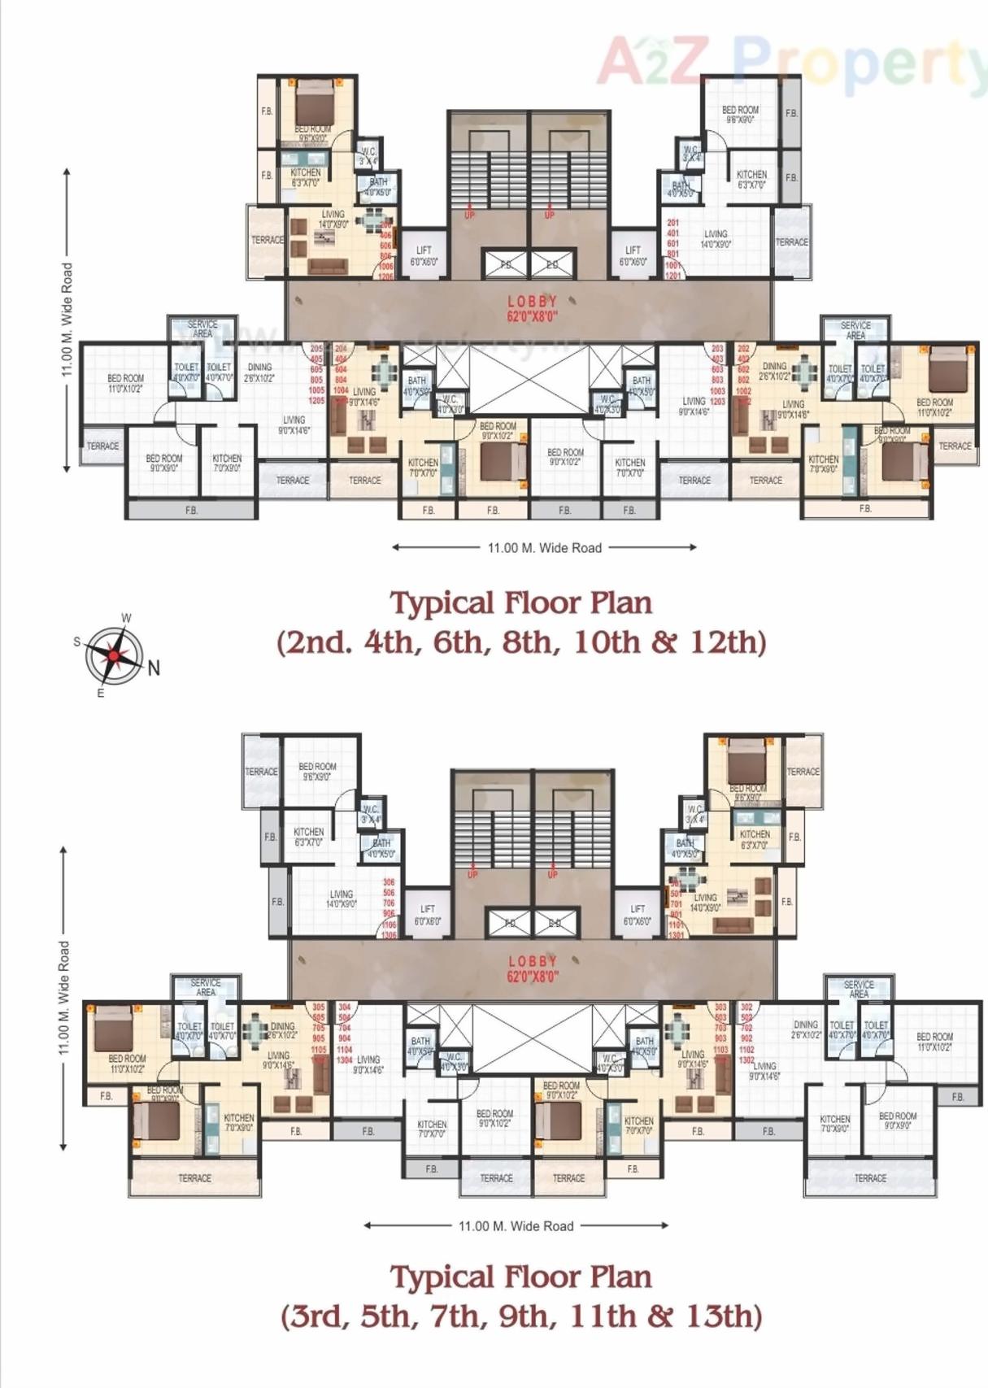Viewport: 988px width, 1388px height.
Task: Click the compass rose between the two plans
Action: tap(115, 655)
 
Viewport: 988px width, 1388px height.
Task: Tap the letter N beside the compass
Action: tap(154, 668)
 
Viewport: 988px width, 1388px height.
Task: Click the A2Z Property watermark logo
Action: tap(789, 60)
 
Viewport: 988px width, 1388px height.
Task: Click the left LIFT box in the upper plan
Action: tap(424, 255)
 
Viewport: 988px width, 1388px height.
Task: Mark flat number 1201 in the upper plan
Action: tap(672, 276)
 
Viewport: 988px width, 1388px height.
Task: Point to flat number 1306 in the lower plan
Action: tap(390, 935)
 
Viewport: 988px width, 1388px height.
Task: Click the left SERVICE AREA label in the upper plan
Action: tap(202, 329)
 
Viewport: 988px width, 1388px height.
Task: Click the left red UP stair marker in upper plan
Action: tap(469, 215)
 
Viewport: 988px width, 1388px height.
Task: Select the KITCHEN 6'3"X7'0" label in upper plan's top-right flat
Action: tap(751, 179)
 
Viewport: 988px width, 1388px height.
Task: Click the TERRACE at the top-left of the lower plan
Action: tap(261, 771)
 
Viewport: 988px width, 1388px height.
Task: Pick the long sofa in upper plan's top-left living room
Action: tap(329, 266)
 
